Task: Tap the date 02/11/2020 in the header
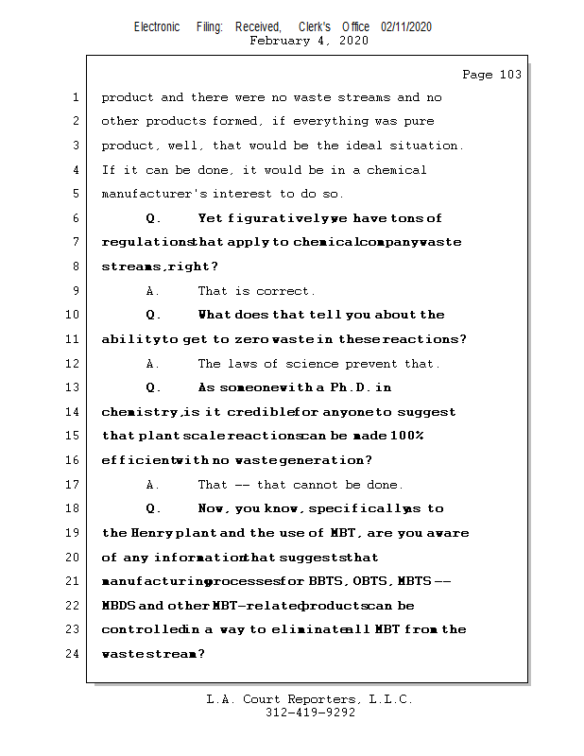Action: coord(406,27)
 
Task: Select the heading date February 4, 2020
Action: coord(309,41)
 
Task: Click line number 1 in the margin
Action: coord(76,97)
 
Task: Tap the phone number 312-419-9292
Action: coord(310,713)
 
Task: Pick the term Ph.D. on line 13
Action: coord(360,387)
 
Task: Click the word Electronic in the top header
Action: coord(157,27)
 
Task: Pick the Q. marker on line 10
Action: coord(154,315)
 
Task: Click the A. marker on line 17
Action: coord(153,485)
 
